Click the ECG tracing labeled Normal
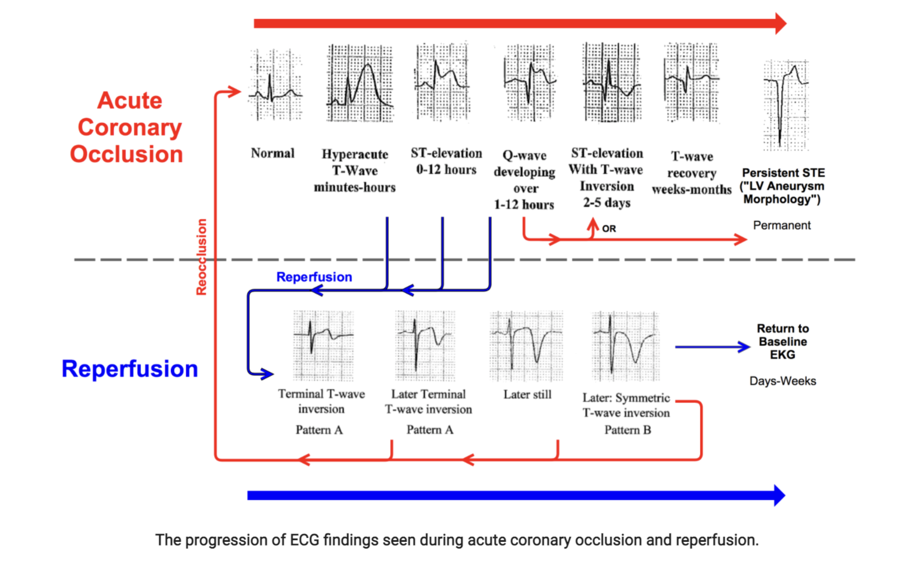click(275, 85)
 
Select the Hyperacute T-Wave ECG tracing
click(360, 84)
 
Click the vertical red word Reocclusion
click(201, 257)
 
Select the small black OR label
click(609, 229)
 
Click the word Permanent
click(782, 225)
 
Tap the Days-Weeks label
click(783, 381)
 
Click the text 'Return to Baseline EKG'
click(783, 342)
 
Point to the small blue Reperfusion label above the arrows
click(314, 277)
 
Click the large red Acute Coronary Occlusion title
click(128, 127)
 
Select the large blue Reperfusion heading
click(130, 369)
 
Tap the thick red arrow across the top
click(517, 23)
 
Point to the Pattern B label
click(627, 430)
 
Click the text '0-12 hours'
click(446, 170)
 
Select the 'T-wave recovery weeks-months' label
click(692, 173)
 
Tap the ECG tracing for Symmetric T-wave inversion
click(625, 346)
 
